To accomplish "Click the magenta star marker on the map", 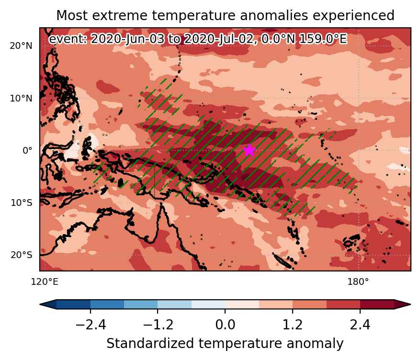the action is [x=250, y=150].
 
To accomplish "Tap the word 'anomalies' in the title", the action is [x=274, y=15].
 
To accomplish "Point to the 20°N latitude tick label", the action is [x=21, y=46].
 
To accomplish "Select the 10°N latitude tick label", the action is [x=21, y=98].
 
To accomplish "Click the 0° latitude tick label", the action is [x=27, y=150].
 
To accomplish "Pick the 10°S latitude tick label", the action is [x=22, y=202].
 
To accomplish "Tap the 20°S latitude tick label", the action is [x=22, y=255].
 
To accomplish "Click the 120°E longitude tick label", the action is [x=45, y=281].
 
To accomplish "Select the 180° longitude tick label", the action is [x=358, y=281].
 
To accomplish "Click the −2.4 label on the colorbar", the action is [x=91, y=325].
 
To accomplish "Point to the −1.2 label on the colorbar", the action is [x=158, y=325].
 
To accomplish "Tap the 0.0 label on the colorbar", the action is [x=225, y=325].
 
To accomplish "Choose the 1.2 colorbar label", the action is [x=293, y=325].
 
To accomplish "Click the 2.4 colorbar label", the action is [x=360, y=325].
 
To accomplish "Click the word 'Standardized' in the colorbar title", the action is [x=150, y=343].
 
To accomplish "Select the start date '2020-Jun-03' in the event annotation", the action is [x=127, y=39].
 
